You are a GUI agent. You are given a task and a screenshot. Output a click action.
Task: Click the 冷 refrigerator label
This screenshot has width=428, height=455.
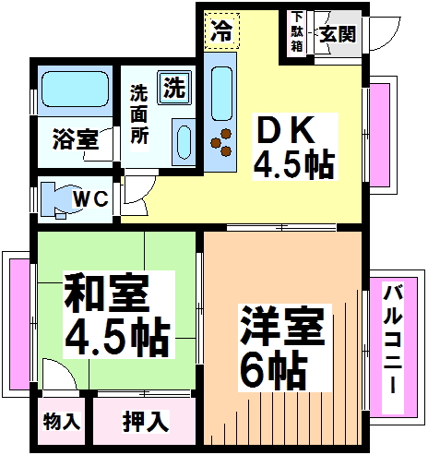tap(220, 30)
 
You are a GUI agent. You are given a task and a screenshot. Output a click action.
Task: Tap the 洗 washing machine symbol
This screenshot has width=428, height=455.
tap(173, 89)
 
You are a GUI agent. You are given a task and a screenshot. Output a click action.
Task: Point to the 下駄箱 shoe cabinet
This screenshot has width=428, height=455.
tap(297, 33)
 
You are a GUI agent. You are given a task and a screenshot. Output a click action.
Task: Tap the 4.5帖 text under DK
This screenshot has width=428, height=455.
tap(293, 166)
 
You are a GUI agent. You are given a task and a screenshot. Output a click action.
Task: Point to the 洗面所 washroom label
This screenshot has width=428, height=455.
tap(138, 113)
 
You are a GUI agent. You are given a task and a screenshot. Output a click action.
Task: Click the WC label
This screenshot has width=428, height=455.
tap(90, 198)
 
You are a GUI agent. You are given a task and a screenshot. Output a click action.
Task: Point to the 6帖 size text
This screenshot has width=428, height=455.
tap(274, 370)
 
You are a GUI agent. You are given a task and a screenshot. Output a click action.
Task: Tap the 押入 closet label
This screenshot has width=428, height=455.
tap(147, 423)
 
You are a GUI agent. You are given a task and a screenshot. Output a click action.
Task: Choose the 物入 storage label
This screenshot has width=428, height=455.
tap(62, 423)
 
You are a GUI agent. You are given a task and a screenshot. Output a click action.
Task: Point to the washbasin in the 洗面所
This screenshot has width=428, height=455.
tap(182, 144)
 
